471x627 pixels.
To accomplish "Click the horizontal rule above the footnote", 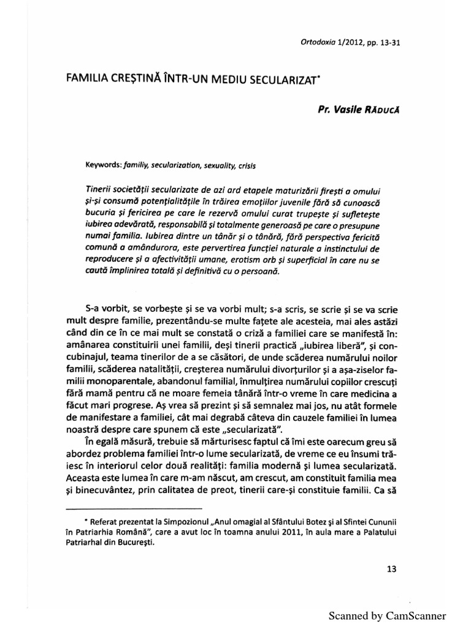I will (133, 509).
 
